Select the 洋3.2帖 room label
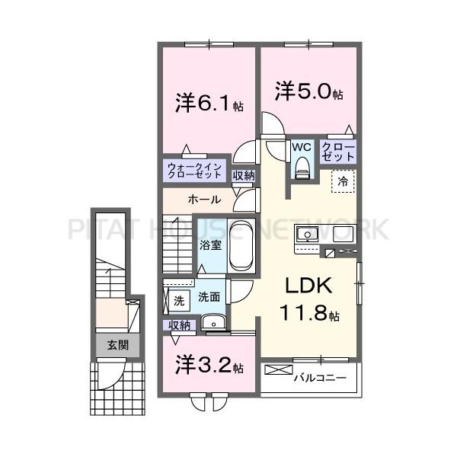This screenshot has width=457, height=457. pyautogui.click(x=209, y=366)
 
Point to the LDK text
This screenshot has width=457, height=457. pyautogui.click(x=308, y=286)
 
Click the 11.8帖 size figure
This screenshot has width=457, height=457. pyautogui.click(x=308, y=312)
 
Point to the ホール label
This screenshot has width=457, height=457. pyautogui.click(x=205, y=200)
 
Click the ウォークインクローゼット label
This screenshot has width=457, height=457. pyautogui.click(x=195, y=171)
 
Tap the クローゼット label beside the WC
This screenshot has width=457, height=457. pyautogui.click(x=337, y=150)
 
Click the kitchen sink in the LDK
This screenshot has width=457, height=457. pyautogui.click(x=311, y=235)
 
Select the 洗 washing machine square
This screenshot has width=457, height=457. pyautogui.click(x=179, y=300)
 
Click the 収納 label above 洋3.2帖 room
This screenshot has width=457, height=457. pyautogui.click(x=180, y=325)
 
